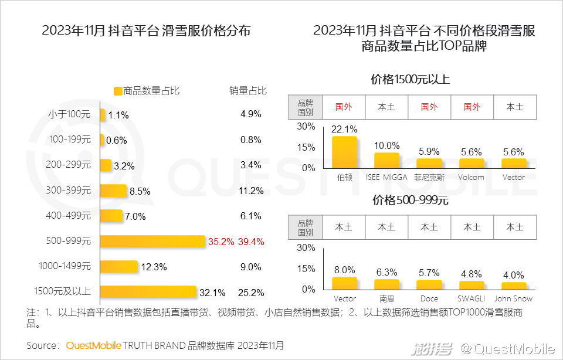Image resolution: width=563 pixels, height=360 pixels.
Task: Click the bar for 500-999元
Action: pos(152,242)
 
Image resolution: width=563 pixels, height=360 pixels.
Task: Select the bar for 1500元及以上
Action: pos(148,292)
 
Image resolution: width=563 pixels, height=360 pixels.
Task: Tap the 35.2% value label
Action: pos(221,242)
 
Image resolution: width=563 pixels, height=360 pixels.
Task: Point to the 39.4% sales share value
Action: pos(251,242)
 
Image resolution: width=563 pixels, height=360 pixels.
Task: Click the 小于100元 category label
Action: pos(70,114)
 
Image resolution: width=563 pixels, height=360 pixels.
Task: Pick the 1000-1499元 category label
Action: pos(65,267)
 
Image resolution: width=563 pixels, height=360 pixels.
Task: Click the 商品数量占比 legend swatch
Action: pos(117,91)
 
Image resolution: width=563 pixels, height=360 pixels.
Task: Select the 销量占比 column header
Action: pos(247,91)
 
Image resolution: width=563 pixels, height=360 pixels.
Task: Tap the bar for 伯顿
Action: pos(344,152)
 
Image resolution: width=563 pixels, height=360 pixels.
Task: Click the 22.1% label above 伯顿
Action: pos(344,129)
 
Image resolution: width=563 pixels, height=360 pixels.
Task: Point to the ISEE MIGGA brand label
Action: pos(386,177)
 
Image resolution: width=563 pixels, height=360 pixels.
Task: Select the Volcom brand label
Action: pos(472,177)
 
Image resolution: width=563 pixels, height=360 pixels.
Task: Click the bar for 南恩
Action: pos(386,284)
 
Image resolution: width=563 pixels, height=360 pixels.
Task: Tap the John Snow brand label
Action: pos(514,299)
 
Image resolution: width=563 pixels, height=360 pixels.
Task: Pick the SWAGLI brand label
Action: pos(472,299)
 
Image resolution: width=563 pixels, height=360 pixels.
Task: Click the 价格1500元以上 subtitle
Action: pos(410,79)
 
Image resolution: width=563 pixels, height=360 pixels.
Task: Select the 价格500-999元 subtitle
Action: pos(410,201)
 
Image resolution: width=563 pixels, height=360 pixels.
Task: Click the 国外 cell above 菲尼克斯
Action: pos(429,107)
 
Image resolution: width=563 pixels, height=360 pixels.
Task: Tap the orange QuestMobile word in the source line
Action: pos(93,345)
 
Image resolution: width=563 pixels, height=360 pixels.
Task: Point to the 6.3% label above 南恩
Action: pos(386,272)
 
